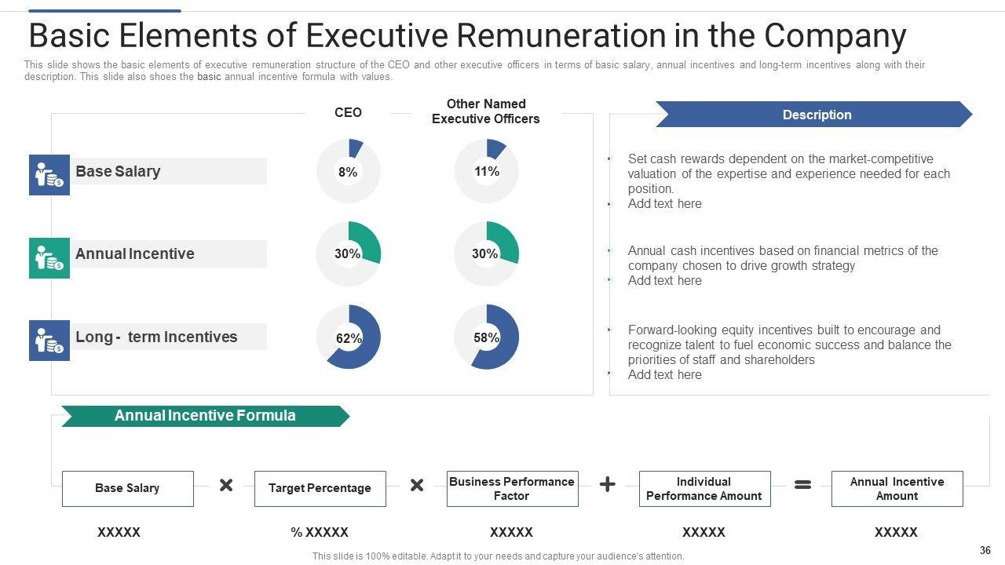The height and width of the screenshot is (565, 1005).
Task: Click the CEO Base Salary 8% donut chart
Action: coord(348,171)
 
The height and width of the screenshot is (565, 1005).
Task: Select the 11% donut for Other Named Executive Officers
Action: coord(486,171)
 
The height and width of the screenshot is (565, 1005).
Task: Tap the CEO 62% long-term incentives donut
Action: coord(348,337)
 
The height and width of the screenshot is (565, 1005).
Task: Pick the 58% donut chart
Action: coord(486,337)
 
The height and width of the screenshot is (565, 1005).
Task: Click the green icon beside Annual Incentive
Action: coord(49,258)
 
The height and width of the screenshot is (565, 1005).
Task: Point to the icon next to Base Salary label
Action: coord(49,175)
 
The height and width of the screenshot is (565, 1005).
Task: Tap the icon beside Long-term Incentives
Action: coord(49,341)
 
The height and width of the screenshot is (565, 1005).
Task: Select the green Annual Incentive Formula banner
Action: coord(205,416)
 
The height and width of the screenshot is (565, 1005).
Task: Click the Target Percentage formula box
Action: coord(320,488)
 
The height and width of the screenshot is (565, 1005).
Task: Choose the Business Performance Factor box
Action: coord(512,488)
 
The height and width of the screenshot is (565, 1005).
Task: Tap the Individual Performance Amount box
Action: coord(704,488)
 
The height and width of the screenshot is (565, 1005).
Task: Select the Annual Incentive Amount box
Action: coord(897,488)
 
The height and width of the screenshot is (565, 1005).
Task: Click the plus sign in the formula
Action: coord(607,485)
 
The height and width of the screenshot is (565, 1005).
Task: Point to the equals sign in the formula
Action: coord(802,485)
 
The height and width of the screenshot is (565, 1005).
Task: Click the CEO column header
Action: coord(348,112)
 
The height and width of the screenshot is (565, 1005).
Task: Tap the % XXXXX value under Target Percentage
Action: coord(320,532)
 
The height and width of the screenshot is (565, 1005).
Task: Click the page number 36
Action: coord(985,551)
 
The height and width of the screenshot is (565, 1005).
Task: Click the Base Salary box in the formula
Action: coord(127,488)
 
